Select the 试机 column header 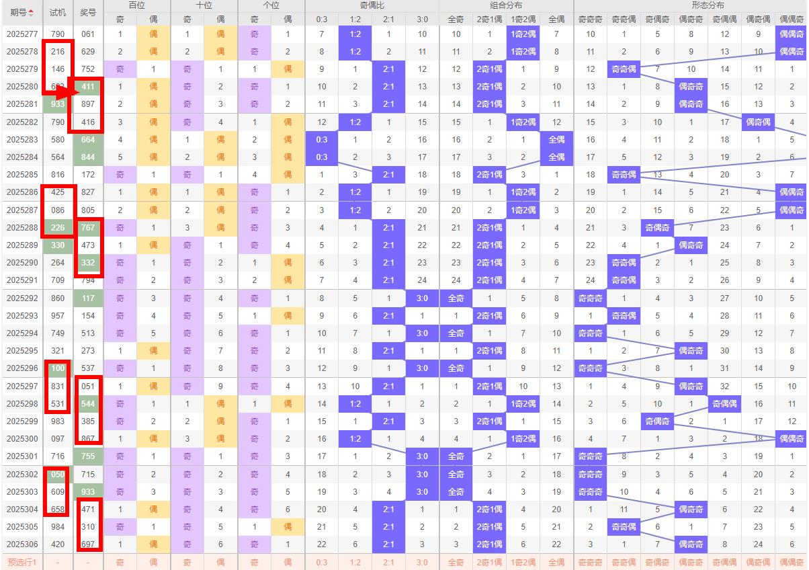tap(58, 12)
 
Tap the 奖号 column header tap(88, 12)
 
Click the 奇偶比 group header tap(372, 5)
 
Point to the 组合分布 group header tap(506, 5)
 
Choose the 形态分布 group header tap(691, 5)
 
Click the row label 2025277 tap(22, 34)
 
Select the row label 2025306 tap(22, 544)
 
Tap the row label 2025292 tap(22, 298)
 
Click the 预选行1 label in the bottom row tap(22, 562)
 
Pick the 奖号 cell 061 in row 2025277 tap(88, 34)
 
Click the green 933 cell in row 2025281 tap(58, 104)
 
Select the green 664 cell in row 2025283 tap(88, 140)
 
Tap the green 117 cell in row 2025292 tap(88, 298)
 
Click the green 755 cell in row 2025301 tap(88, 456)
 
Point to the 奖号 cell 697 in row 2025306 tap(88, 544)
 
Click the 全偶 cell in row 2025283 tap(556, 140)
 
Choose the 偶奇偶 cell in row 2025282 tap(758, 122)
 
